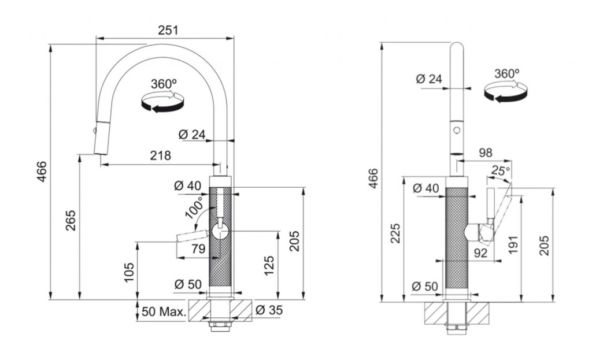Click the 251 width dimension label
click(x=168, y=30)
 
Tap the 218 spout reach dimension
click(x=161, y=155)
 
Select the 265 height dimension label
click(x=71, y=220)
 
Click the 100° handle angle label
click(x=194, y=207)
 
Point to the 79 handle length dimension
click(x=198, y=248)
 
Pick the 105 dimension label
click(x=129, y=272)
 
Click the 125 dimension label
click(x=269, y=266)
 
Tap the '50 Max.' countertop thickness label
click(x=164, y=311)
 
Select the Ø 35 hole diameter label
click(x=269, y=310)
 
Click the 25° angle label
click(x=501, y=170)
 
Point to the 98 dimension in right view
click(x=486, y=153)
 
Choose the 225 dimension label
click(x=395, y=233)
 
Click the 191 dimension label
click(x=513, y=244)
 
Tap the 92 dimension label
click(x=480, y=253)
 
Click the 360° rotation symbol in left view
click(x=162, y=97)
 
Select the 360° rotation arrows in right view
click(x=506, y=86)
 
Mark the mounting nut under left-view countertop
click(x=220, y=326)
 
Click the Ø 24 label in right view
click(x=429, y=79)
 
